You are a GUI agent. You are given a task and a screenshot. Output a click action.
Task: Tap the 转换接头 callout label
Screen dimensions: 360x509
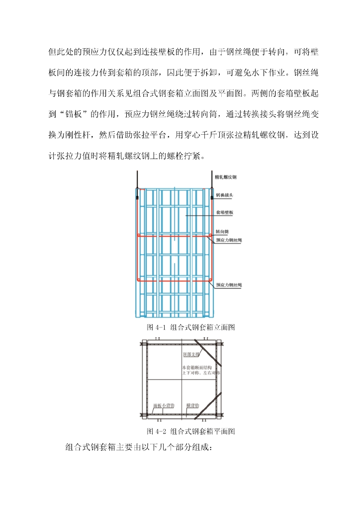(224, 196)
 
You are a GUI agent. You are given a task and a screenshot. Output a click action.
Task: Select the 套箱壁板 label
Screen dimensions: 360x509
(224, 213)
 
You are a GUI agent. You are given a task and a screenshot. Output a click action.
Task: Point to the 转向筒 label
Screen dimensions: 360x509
(222, 232)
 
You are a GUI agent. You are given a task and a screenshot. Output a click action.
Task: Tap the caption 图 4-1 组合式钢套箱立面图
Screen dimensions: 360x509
(191, 328)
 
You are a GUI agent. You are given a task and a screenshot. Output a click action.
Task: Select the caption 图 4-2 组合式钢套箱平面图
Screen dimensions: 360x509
(191, 431)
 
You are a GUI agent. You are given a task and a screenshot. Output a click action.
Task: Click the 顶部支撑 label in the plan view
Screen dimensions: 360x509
(191, 355)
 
